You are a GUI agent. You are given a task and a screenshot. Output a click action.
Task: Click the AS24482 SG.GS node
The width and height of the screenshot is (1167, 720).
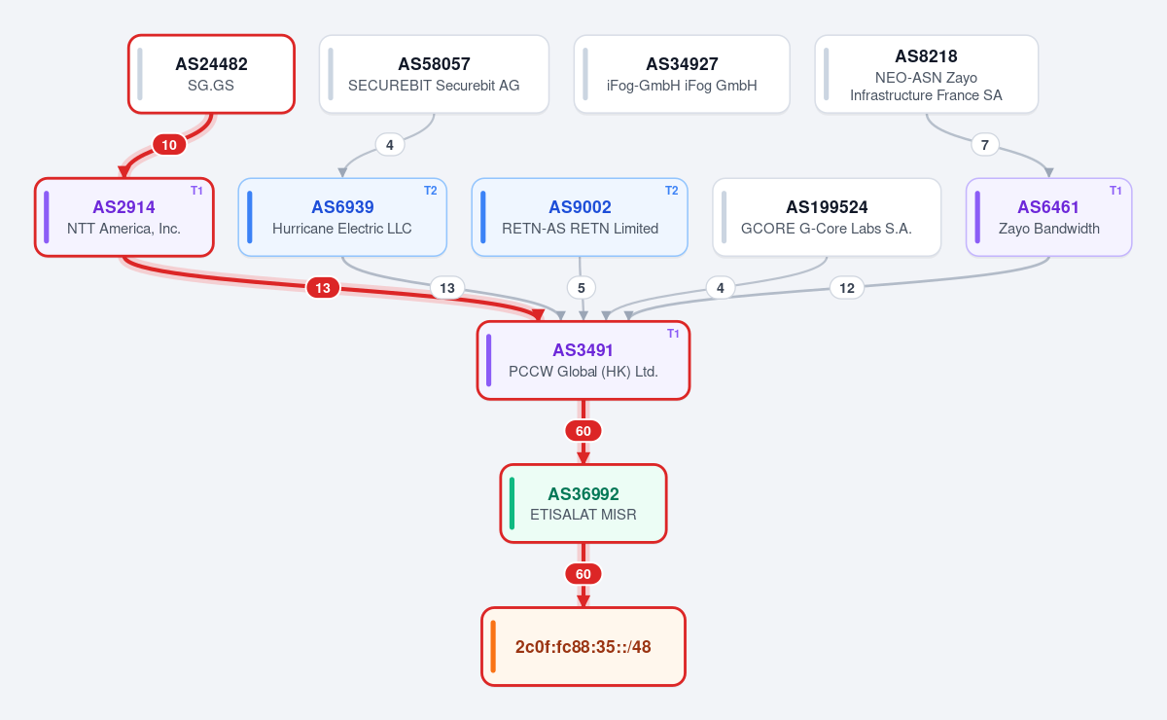[212, 74]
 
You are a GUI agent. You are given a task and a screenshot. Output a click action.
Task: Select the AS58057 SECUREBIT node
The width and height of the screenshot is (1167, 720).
[434, 74]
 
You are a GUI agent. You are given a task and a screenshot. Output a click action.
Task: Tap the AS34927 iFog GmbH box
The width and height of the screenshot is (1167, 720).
[682, 74]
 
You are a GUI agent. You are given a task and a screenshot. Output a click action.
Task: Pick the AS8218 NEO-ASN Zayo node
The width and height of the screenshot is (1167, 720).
[926, 74]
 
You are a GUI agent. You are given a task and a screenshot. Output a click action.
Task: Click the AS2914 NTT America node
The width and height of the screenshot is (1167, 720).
[124, 217]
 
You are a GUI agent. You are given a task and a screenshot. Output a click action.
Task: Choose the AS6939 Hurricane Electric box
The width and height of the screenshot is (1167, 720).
[342, 217]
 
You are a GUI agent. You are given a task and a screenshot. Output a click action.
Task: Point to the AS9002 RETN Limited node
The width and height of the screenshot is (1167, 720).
[580, 217]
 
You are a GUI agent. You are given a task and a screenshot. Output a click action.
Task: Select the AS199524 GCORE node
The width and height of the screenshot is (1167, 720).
[827, 217]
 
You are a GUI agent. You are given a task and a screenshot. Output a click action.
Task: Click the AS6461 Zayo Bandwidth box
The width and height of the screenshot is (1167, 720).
[1048, 217]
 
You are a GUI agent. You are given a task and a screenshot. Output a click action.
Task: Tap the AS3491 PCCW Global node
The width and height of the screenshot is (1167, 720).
[583, 361]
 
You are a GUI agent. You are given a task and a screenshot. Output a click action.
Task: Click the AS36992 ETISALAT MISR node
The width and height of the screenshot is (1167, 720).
[583, 504]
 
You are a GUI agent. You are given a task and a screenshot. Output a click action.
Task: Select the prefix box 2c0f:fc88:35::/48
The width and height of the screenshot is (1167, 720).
[583, 646]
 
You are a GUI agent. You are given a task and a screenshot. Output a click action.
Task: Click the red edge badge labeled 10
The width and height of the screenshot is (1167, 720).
[169, 145]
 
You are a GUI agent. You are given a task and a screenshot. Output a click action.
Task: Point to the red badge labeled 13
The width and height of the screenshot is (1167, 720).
[323, 288]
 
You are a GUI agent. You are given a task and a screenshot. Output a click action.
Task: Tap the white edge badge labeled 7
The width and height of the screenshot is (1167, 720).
[984, 145]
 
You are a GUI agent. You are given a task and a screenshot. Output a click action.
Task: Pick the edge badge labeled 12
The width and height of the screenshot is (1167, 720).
[847, 288]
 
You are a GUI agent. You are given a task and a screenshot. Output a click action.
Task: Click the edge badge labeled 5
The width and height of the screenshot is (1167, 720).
[582, 288]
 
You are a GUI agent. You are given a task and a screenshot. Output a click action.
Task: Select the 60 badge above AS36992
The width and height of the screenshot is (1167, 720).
[583, 431]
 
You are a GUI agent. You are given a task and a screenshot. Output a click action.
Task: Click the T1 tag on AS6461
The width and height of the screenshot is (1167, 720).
[1115, 191]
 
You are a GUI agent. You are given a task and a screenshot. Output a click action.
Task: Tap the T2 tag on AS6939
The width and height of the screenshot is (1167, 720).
[430, 191]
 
